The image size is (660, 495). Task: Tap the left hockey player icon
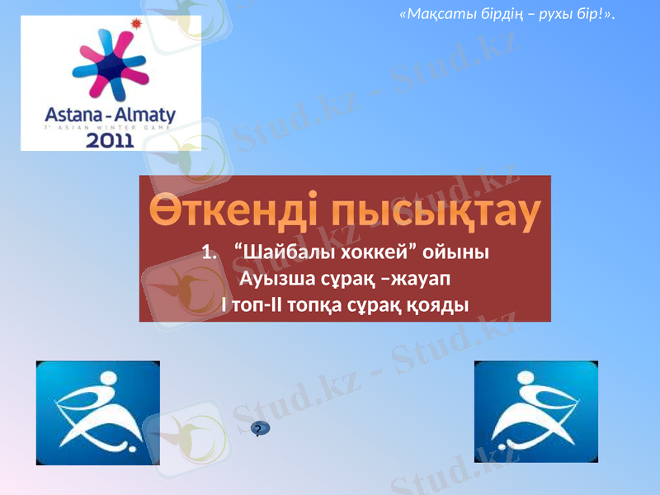97,412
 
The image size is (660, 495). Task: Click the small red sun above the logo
137,22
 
